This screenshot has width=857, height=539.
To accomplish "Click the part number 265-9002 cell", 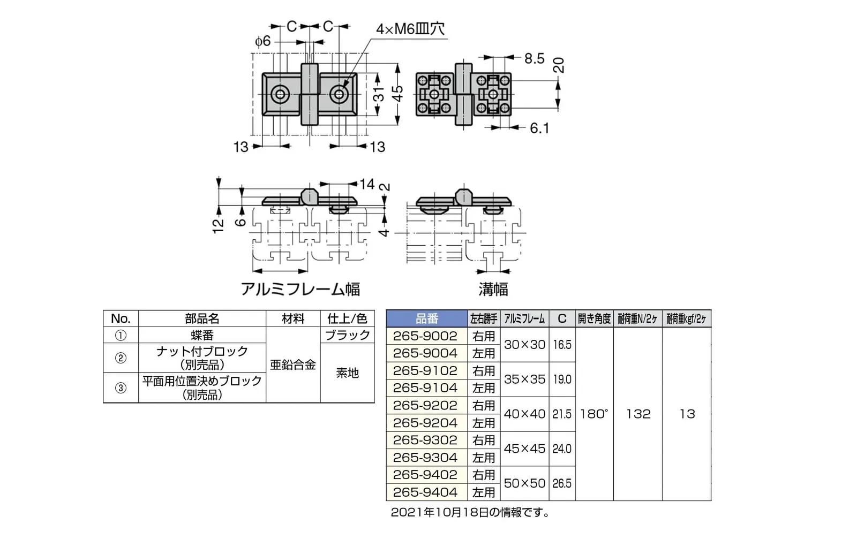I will (x=425, y=336).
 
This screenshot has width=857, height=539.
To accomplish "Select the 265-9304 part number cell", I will (x=425, y=458).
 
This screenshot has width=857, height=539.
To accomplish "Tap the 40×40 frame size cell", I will (x=524, y=414).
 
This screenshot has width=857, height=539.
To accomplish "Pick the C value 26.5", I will (x=562, y=483).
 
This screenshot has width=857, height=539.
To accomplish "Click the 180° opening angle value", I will (x=594, y=414).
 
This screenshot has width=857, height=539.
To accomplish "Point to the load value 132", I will (x=638, y=414).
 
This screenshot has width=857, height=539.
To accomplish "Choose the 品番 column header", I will (x=426, y=318).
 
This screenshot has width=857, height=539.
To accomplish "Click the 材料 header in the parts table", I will (x=293, y=318).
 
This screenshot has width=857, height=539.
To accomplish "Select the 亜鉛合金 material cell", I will (x=293, y=365).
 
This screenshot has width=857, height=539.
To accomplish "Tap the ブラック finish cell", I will (x=347, y=335).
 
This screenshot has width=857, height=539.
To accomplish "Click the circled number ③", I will (x=121, y=388).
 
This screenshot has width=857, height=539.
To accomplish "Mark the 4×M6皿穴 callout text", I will (x=410, y=29).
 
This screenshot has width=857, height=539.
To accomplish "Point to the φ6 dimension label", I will (x=262, y=41).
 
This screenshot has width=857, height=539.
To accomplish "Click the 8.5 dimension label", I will (x=534, y=58).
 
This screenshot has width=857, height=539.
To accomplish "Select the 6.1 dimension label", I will (x=539, y=128).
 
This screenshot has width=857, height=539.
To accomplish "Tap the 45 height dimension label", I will (x=397, y=94).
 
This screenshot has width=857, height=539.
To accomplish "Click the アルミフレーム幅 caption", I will (x=300, y=289).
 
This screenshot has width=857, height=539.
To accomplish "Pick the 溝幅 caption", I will (x=493, y=290).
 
